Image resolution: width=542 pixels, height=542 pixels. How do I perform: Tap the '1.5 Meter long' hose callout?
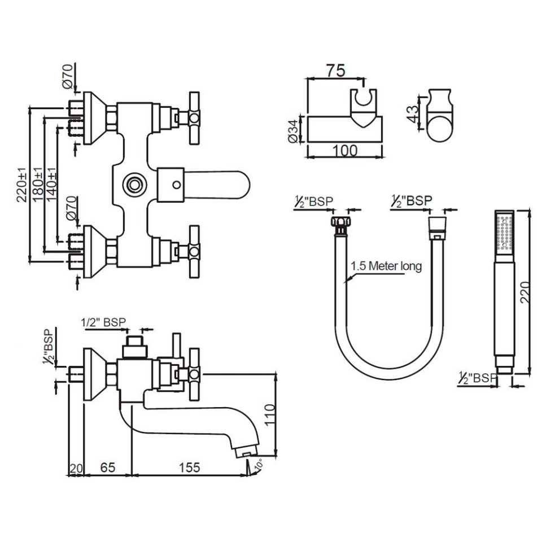[386, 266]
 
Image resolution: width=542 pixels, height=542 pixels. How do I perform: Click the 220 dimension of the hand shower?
[526, 292]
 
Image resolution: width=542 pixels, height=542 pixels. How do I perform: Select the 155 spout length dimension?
[189, 467]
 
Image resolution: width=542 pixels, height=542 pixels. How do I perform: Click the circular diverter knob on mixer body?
[134, 184]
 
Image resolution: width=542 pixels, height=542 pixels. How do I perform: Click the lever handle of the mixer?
[220, 185]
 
